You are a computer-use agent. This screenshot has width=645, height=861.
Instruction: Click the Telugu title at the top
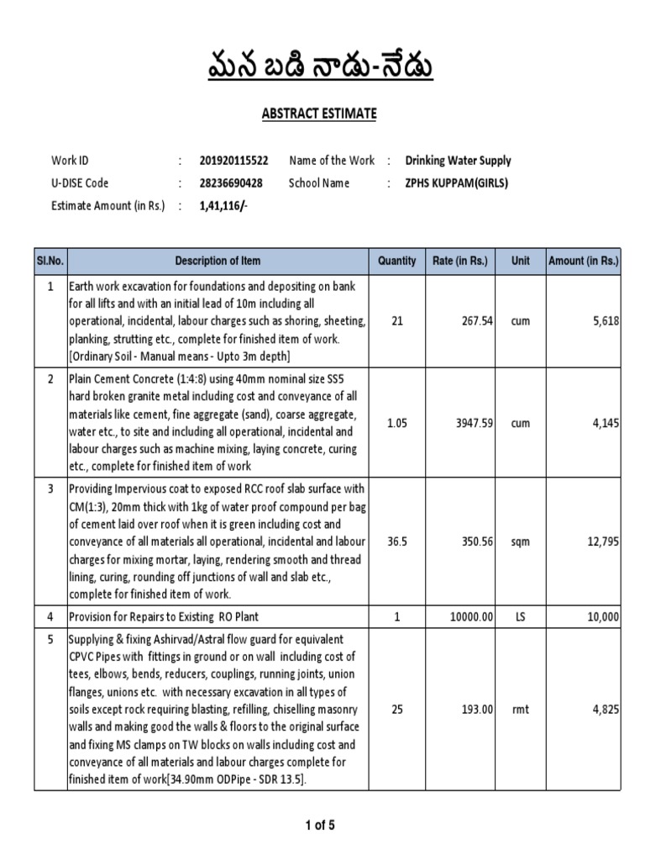coord(322,66)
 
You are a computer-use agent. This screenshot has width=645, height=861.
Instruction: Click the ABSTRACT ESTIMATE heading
coord(322,114)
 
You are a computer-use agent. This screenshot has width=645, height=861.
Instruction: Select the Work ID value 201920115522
coord(233,161)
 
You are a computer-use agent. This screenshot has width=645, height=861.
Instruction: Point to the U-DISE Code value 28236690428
coord(230,183)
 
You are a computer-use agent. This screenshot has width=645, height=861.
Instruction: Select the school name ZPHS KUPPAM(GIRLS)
coord(457,183)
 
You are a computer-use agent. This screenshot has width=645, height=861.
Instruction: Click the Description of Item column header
coord(218,261)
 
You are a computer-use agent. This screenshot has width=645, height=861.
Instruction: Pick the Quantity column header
coord(396,261)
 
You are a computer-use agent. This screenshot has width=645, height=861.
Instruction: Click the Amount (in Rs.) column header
coord(583,261)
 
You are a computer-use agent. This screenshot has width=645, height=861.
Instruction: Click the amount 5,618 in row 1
coord(605,321)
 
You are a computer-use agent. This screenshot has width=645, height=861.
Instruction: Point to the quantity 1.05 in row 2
coord(396,424)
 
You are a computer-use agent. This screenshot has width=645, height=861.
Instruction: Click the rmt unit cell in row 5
coord(520,710)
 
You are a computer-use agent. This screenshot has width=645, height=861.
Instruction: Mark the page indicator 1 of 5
coord(320,825)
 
